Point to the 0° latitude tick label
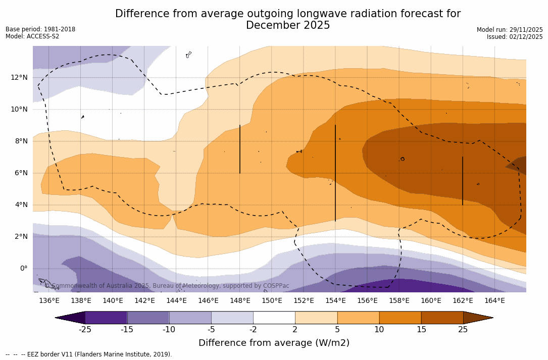[x=23, y=268]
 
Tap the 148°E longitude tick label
[x=240, y=300]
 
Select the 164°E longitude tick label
[x=494, y=300]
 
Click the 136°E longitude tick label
[x=49, y=300]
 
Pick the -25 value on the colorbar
[x=85, y=330]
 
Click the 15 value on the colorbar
[x=421, y=330]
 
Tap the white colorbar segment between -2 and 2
[x=274, y=318]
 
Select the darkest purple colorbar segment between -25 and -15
[x=106, y=318]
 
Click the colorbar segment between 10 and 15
[x=400, y=318]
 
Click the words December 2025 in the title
[x=288, y=25]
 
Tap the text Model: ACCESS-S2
[x=32, y=36]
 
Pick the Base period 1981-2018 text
[x=40, y=29]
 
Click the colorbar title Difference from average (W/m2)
[x=274, y=343]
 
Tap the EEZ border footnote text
[x=89, y=354]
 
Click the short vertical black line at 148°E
[x=240, y=149]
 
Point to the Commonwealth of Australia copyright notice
[x=167, y=286]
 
